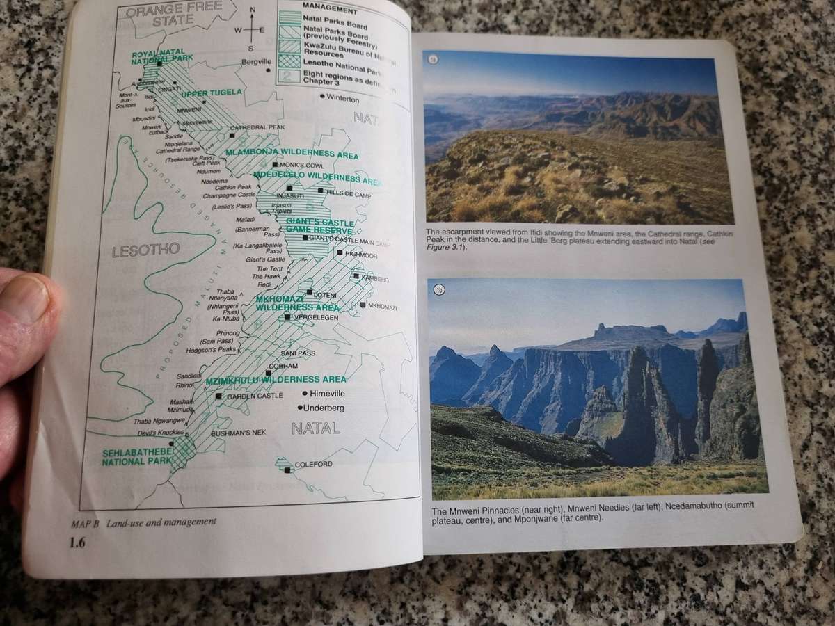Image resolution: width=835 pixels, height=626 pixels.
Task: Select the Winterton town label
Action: click(x=342, y=98)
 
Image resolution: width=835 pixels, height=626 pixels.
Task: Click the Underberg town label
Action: click(x=325, y=408)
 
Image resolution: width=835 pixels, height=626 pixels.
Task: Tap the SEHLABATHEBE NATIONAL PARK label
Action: click(x=136, y=456)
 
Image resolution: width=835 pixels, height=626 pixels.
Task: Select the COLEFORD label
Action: click(x=313, y=464)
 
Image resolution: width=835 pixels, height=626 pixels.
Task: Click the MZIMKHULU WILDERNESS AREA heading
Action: click(x=276, y=380)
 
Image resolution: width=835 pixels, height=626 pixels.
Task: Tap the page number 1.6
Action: click(x=76, y=545)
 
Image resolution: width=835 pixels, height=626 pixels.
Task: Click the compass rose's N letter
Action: click(x=253, y=10)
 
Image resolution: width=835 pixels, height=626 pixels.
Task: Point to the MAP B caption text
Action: click(x=143, y=522)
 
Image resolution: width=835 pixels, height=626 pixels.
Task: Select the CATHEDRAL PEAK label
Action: click(x=257, y=128)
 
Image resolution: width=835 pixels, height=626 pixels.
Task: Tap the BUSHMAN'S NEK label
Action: click(x=238, y=433)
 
